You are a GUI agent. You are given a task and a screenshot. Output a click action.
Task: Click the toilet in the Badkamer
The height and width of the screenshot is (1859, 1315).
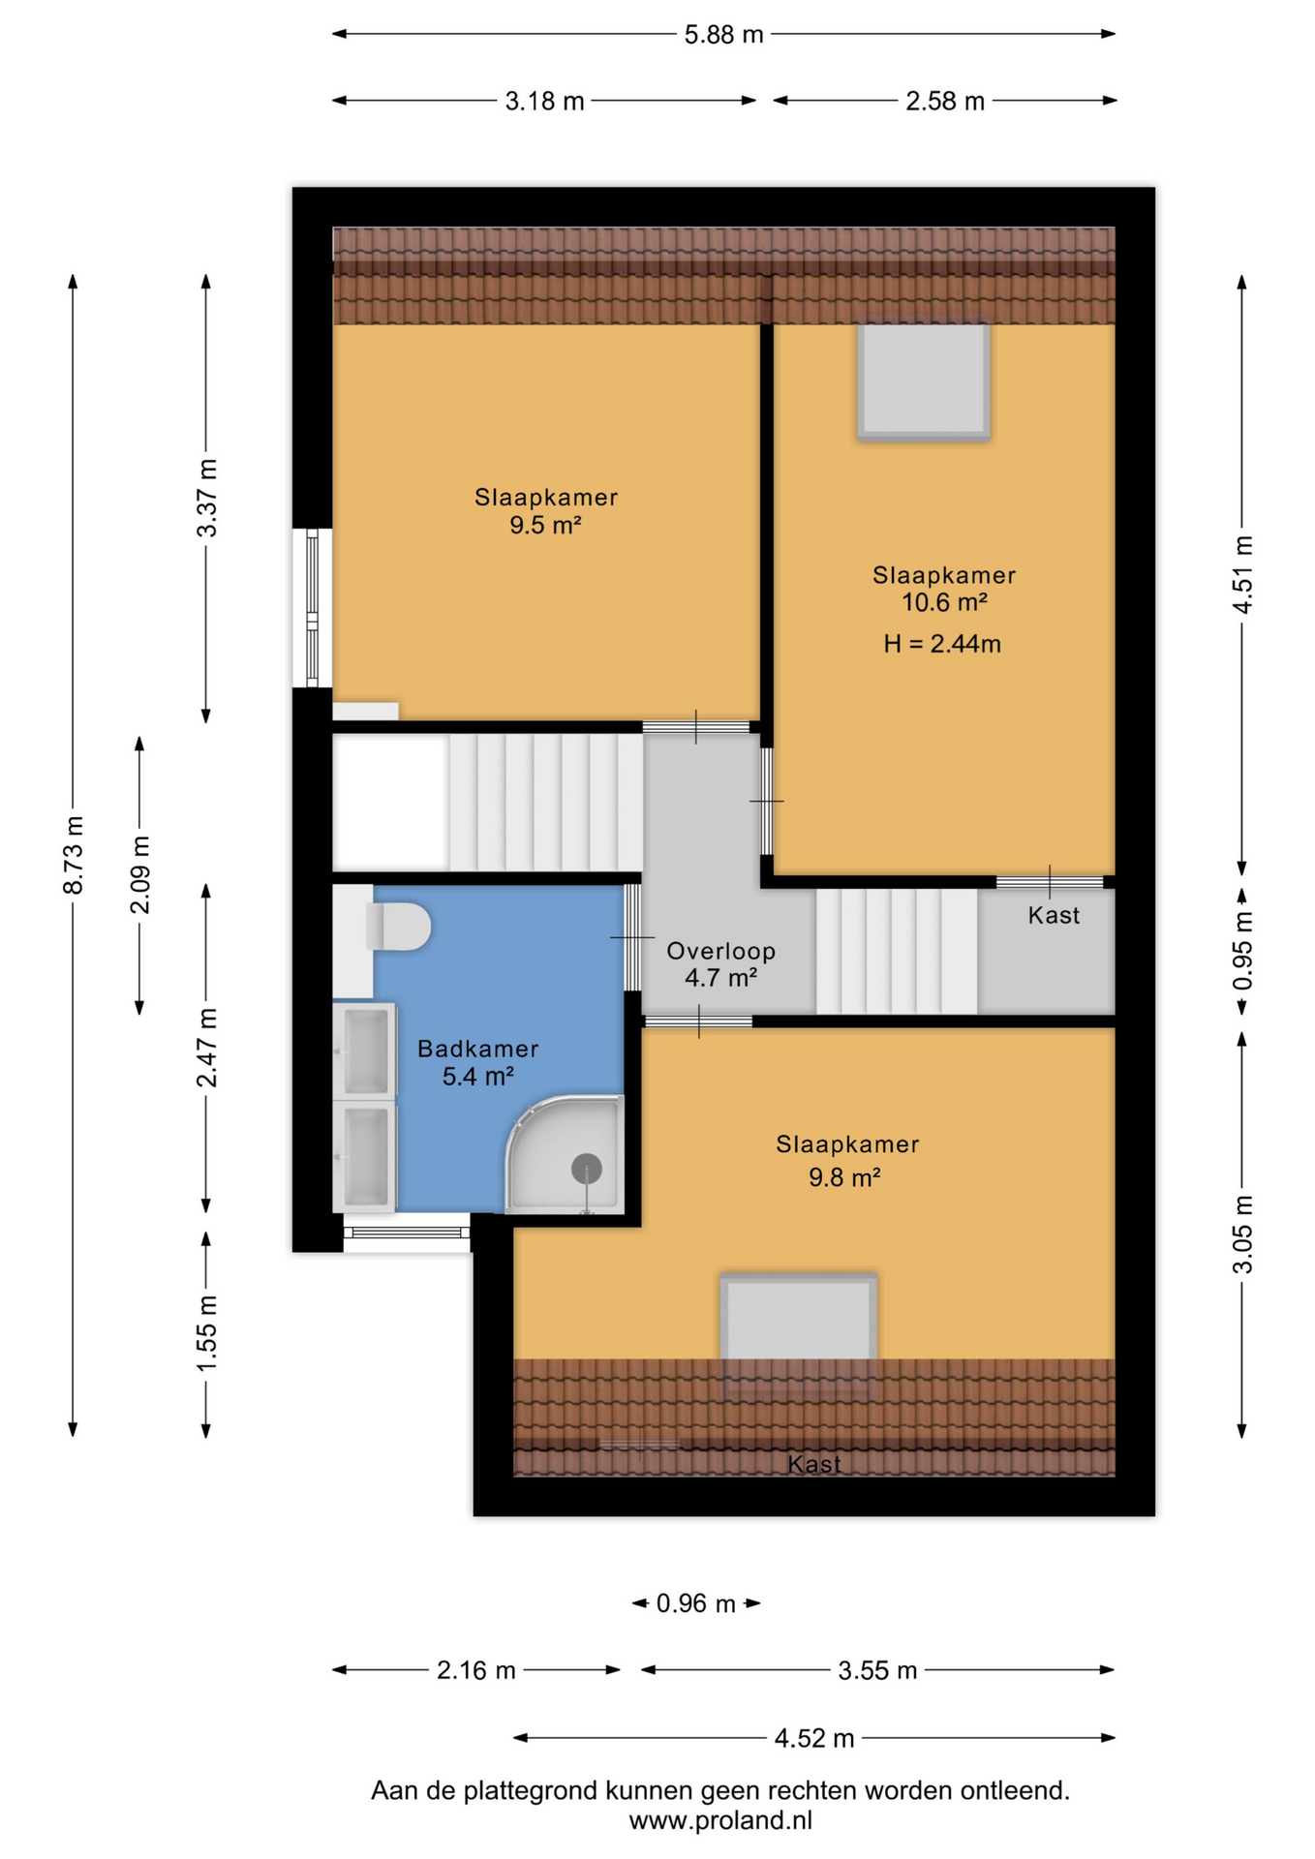(398, 927)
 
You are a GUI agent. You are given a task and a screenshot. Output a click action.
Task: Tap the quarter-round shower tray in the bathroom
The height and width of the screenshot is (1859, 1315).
(565, 1153)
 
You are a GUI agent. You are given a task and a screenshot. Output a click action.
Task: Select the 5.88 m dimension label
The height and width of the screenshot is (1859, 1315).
(723, 35)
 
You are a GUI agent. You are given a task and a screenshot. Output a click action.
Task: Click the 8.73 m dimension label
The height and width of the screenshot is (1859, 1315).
(74, 855)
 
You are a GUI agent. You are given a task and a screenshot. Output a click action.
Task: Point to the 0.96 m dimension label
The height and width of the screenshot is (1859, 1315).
(695, 1604)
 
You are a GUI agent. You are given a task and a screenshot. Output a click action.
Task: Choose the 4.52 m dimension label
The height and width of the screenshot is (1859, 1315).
(813, 1739)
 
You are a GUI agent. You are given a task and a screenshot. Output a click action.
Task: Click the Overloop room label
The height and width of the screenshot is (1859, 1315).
(720, 951)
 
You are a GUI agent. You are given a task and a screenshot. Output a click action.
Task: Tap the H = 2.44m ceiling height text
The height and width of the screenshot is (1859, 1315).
(941, 644)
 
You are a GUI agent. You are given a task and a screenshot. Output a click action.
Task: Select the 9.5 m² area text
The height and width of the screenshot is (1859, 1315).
(545, 525)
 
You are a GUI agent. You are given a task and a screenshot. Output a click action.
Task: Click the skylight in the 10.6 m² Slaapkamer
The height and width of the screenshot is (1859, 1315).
(924, 381)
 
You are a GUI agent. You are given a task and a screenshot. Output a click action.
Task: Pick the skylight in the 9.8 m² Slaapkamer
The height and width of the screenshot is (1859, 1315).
(798, 1318)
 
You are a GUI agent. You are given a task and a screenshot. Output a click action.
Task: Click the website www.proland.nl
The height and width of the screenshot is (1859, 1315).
(720, 1821)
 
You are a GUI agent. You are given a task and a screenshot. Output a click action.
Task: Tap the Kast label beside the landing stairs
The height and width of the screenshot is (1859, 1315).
(1054, 916)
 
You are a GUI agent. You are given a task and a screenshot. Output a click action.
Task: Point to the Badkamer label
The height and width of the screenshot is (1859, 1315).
(477, 1049)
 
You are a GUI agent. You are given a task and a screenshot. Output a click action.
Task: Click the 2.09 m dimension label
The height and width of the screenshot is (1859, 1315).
(140, 874)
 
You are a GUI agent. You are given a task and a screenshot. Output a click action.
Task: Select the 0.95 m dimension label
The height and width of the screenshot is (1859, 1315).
(1242, 951)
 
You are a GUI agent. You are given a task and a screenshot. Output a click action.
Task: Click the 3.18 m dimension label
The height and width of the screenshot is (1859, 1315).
(544, 102)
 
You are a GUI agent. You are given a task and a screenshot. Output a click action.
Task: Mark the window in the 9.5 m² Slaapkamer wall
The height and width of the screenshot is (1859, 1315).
(312, 608)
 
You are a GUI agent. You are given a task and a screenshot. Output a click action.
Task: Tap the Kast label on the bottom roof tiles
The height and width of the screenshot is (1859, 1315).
(813, 1464)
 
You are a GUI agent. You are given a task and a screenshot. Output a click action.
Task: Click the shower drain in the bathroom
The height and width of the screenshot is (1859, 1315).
(587, 1169)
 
